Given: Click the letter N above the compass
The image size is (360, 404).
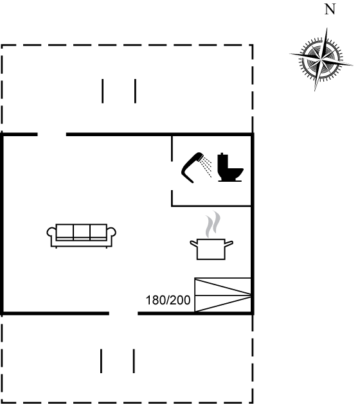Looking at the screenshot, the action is click(330, 9).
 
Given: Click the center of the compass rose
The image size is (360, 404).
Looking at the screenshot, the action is click(321, 60).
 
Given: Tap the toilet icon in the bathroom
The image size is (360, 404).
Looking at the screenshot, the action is click(230, 167).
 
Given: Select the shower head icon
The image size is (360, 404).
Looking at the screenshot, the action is click(197, 167).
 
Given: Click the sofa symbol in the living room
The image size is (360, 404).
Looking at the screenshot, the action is click(81, 236).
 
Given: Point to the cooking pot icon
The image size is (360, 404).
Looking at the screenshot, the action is click(212, 249).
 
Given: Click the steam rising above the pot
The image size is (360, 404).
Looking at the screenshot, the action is click(213, 224).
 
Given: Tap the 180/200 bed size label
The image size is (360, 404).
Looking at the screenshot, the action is click(168, 300).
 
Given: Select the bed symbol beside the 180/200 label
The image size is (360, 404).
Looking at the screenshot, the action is click(223, 295).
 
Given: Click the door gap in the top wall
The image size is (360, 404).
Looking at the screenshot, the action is click(52, 134).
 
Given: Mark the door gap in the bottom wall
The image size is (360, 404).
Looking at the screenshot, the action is click(123, 313).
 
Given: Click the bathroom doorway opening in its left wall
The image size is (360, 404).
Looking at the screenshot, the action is click(172, 176).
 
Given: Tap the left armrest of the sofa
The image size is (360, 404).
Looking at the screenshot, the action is click(51, 232).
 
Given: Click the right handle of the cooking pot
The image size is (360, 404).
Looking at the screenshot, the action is click(230, 243).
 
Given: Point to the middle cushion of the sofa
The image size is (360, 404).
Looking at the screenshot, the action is click(82, 232).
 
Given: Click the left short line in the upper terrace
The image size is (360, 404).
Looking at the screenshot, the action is click(103, 91).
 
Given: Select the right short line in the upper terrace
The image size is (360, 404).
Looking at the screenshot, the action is click(136, 91).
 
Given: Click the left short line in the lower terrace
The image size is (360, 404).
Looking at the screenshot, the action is click(101, 361).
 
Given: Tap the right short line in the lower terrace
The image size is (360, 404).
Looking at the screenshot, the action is click(134, 361).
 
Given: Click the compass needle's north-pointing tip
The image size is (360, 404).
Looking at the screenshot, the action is click(327, 28).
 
